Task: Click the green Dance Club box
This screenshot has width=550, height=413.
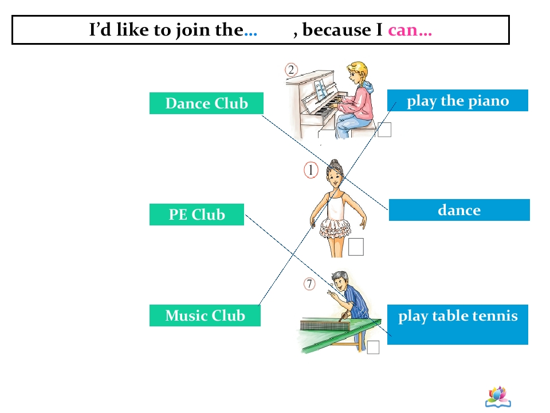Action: point(206,103)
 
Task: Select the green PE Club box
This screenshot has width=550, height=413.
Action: point(197,215)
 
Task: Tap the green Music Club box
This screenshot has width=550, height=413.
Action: point(205,315)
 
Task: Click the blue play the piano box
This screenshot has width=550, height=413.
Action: point(458,100)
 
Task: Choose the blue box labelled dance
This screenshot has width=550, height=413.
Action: point(459,210)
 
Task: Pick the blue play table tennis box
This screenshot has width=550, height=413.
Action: point(458,325)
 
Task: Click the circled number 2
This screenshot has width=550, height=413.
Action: point(291,70)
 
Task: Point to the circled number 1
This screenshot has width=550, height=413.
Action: point(311,170)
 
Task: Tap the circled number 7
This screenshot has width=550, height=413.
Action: point(309,284)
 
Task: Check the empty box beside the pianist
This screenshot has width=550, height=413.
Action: point(384,130)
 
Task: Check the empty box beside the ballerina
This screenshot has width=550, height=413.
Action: point(356,247)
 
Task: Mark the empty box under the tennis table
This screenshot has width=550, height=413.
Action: point(373,347)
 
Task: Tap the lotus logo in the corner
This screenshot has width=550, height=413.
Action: point(498,397)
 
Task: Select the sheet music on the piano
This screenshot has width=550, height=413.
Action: point(320,89)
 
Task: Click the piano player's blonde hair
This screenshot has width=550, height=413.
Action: point(360,70)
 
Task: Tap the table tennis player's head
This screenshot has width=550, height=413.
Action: point(340,279)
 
